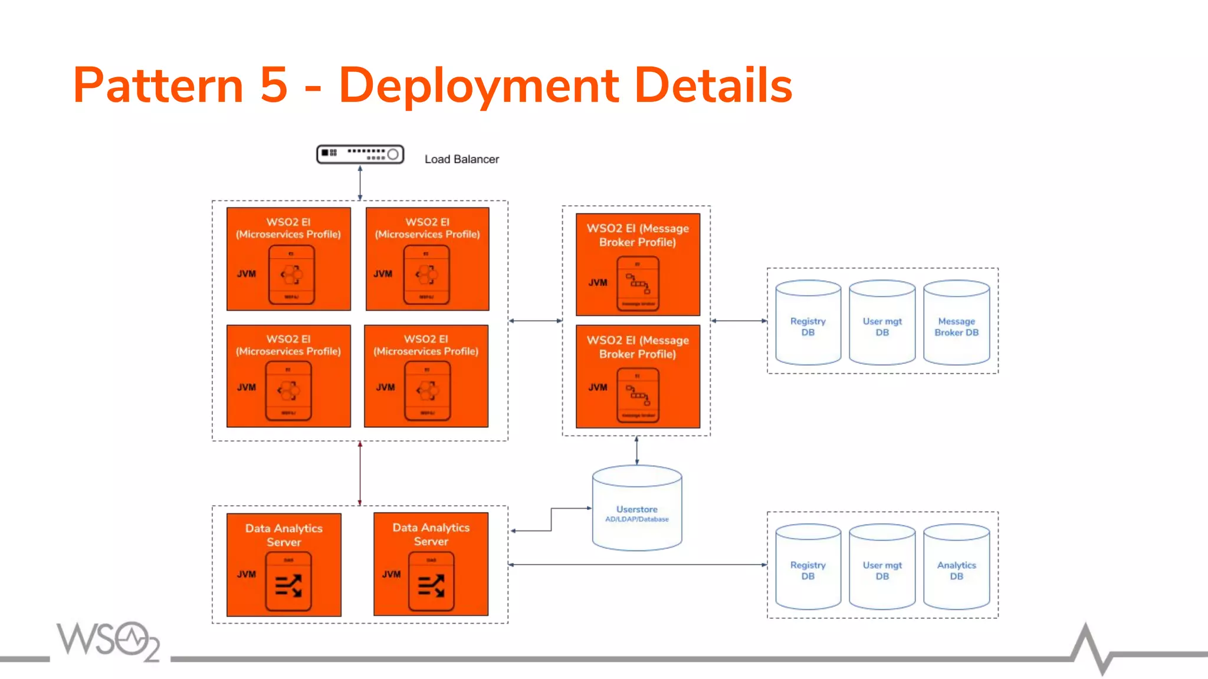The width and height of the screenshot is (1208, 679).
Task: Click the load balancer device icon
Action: click(360, 154)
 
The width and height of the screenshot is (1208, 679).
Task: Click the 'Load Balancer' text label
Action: click(461, 159)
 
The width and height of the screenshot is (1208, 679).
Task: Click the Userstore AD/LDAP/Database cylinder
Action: click(637, 510)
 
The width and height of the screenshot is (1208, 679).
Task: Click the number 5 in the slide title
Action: click(274, 85)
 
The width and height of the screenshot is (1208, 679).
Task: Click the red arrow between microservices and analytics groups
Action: click(360, 473)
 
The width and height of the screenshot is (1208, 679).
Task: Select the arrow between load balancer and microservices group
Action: click(360, 183)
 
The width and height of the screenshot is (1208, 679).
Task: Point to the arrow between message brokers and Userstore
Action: click(636, 451)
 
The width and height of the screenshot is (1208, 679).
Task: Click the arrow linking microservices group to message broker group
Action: click(535, 321)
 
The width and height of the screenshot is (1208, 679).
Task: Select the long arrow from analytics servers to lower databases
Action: click(637, 565)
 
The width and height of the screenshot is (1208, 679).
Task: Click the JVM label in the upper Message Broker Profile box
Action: click(598, 282)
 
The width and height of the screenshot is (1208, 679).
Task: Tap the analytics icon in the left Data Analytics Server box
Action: click(288, 584)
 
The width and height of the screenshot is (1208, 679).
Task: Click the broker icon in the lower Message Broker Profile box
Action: click(638, 395)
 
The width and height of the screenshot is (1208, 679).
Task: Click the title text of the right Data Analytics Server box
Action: click(431, 535)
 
